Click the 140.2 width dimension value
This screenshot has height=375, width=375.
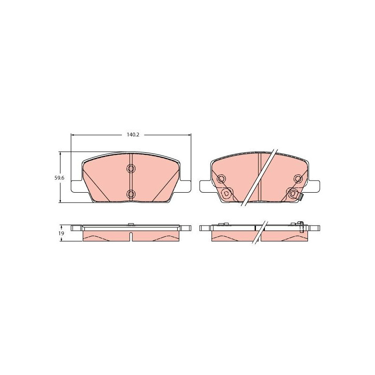pyautogui.click(x=133, y=135)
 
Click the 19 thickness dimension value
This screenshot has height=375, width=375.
pyautogui.click(x=61, y=233)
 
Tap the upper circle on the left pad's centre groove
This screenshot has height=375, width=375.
pyautogui.click(x=131, y=168)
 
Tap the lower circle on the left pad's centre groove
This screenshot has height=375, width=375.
pyautogui.click(x=131, y=194)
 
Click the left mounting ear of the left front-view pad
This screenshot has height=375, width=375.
pyautogui.click(x=77, y=186)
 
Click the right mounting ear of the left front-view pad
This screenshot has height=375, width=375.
pyautogui.click(x=185, y=186)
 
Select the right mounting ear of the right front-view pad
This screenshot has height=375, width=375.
pyautogui.click(x=314, y=186)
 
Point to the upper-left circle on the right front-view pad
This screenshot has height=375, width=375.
pyautogui.click(x=221, y=179)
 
